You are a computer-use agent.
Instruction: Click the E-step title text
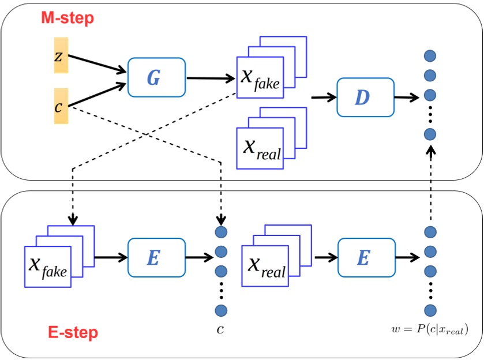(x=73, y=332)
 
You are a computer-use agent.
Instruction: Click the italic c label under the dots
(x=220, y=329)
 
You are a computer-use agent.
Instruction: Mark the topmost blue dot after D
(x=429, y=56)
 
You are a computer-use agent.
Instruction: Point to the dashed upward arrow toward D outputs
(x=429, y=185)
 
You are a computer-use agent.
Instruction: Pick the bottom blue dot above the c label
(x=221, y=310)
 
